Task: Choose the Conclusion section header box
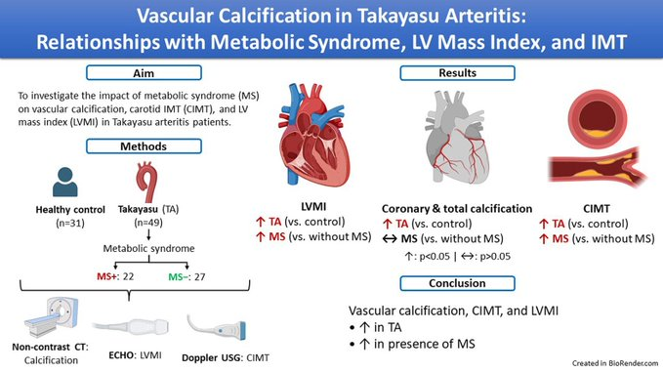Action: [x=463, y=284]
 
